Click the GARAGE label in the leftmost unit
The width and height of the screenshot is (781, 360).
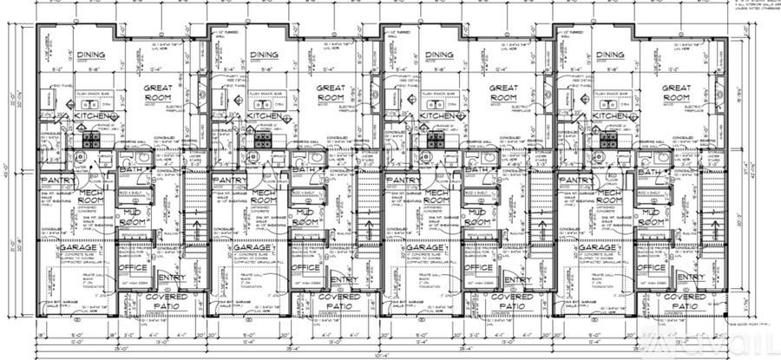pos(78,248)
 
